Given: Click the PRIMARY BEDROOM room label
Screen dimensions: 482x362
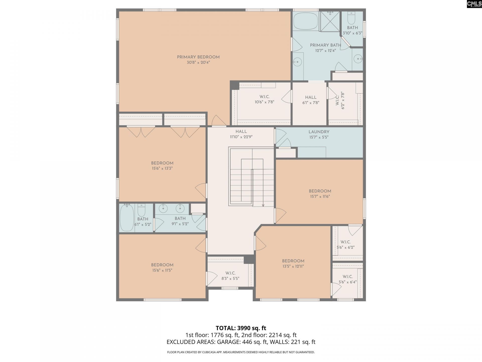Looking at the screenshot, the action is coord(198,57).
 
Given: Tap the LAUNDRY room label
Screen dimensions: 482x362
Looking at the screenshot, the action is coord(319,132).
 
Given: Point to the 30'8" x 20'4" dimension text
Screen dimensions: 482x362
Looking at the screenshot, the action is coord(198,62).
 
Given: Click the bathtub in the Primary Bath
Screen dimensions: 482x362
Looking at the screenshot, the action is coord(306,21).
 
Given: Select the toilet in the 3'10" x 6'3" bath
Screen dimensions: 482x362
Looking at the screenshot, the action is coord(351,17).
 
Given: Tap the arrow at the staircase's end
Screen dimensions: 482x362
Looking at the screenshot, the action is coord(263,205).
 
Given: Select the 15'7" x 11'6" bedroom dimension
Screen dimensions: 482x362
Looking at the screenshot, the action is coord(320,197).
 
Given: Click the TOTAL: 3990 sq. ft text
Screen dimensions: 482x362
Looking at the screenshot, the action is coord(241,328).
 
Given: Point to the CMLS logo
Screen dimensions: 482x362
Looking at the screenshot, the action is coord(474,4).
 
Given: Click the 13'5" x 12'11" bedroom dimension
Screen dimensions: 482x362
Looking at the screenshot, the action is coord(293,266).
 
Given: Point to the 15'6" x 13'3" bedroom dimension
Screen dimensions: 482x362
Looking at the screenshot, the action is coord(162,168).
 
